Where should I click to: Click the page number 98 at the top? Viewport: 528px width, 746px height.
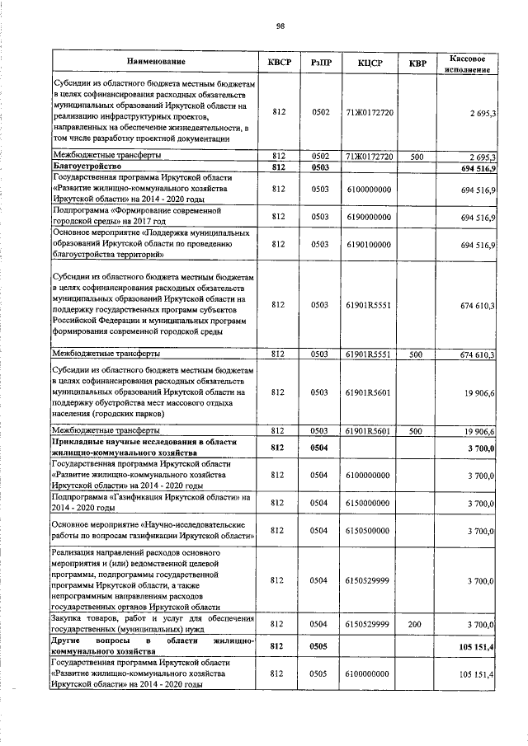click(x=280, y=26)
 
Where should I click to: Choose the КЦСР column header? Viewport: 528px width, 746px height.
click(x=369, y=63)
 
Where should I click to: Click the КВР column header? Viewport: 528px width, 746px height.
click(x=417, y=63)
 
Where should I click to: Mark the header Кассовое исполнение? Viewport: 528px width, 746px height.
click(x=470, y=63)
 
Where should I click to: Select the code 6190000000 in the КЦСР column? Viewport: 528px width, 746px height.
click(x=369, y=217)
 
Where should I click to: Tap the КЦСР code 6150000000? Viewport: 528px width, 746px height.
click(x=369, y=502)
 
